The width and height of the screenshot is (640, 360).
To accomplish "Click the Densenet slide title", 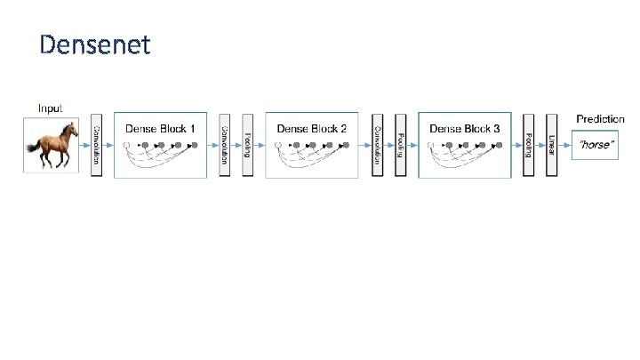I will pyautogui.click(x=95, y=44).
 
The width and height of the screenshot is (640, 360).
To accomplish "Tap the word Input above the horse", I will pyautogui.click(x=50, y=108).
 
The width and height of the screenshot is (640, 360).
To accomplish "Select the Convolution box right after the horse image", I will pyautogui.click(x=97, y=145).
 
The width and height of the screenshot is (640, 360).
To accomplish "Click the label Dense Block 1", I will pyautogui.click(x=161, y=129).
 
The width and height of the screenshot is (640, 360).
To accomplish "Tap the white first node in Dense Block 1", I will pyautogui.click(x=127, y=145).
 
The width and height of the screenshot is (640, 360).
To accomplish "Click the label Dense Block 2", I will pyautogui.click(x=312, y=129).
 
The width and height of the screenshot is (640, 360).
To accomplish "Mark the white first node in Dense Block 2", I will pyautogui.click(x=278, y=145).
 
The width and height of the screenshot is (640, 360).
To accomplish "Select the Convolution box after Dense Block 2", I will pyautogui.click(x=378, y=145).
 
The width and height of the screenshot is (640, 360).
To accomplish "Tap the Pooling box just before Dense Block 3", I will pyautogui.click(x=401, y=145).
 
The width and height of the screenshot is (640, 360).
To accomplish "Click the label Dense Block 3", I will pyautogui.click(x=465, y=129).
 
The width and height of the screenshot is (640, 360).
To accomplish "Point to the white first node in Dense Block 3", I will pyautogui.click(x=431, y=145).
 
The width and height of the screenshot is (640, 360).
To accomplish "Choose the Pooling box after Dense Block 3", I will pyautogui.click(x=529, y=145).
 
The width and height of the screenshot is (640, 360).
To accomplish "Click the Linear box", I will pyautogui.click(x=552, y=145).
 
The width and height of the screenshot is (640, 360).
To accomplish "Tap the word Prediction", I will pyautogui.click(x=600, y=119).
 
